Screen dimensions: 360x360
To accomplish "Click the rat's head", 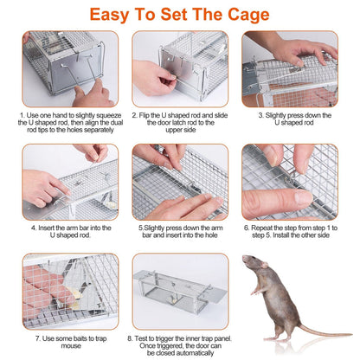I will tap(254, 267).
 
